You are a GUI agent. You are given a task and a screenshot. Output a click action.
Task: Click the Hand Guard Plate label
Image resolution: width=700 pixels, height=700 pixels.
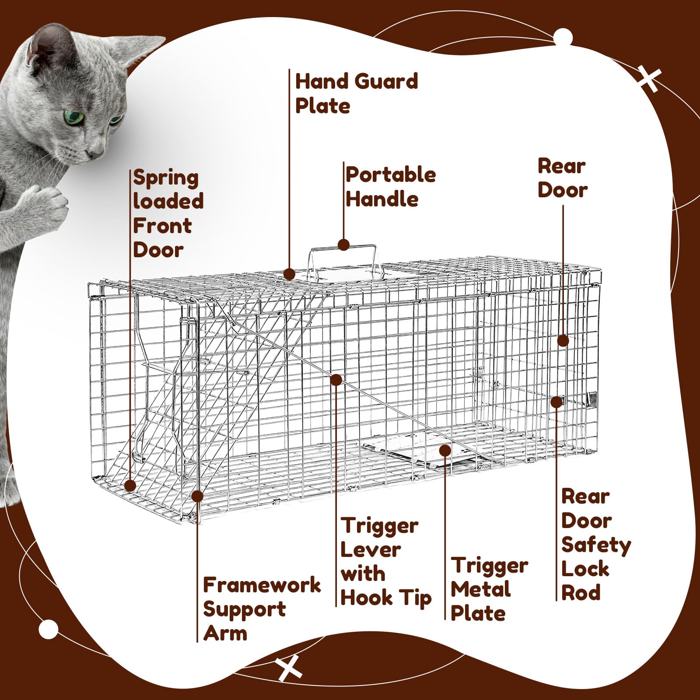coord(357,94)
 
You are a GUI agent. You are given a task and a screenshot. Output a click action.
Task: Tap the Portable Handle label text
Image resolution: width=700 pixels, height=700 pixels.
coord(391,187)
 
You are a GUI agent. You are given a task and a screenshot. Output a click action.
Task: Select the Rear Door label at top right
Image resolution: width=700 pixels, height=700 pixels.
coord(562,178)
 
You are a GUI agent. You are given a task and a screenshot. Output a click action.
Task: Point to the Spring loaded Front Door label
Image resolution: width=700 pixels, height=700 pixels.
coord(168,213)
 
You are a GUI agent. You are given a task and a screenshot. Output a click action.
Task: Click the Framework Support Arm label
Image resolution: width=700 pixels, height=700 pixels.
coord(262,609)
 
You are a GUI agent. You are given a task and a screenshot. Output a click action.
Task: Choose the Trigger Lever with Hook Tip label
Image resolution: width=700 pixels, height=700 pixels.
coord(386,562)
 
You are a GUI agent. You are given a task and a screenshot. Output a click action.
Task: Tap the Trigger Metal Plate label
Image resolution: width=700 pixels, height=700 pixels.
coord(489,589)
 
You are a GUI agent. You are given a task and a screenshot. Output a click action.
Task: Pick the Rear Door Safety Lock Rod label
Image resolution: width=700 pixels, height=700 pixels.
coord(596,545)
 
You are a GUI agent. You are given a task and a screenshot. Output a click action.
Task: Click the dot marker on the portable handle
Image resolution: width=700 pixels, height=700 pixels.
coord(344,245)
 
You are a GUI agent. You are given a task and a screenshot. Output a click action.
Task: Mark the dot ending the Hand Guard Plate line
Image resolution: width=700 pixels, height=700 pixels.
coord(289,274)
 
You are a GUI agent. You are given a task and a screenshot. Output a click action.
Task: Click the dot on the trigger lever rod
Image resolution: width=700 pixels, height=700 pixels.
coord(336,380)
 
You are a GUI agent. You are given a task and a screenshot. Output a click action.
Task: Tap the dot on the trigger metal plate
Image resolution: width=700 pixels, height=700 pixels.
coord(445,450)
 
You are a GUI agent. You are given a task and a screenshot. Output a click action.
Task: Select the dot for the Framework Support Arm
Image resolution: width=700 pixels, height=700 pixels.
coord(197,496)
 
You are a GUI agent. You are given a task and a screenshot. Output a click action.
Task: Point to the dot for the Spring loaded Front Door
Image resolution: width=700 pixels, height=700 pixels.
coord(130,486)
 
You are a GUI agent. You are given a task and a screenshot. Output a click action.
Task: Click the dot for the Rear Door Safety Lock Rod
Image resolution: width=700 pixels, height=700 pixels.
coord(556,402)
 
